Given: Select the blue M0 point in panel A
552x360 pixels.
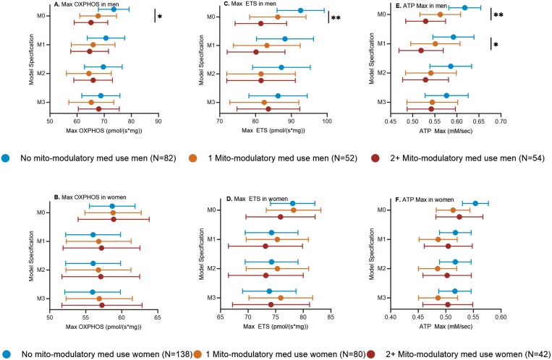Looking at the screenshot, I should pyautogui.click(x=114, y=9).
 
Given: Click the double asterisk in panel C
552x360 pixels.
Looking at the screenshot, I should pyautogui.click(x=336, y=17).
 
